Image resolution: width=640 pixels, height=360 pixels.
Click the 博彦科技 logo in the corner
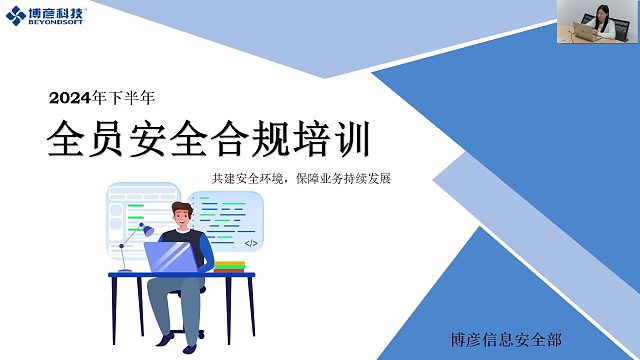point(48,17)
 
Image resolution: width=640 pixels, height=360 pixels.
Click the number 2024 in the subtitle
point(69,99)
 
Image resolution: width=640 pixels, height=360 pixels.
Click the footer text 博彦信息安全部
point(506,339)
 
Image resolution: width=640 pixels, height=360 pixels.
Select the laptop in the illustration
point(172,257)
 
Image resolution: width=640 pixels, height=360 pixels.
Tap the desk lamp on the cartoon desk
point(127,249)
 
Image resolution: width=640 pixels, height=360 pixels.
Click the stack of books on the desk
point(229,265)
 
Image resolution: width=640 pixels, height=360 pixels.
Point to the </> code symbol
point(251,243)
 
